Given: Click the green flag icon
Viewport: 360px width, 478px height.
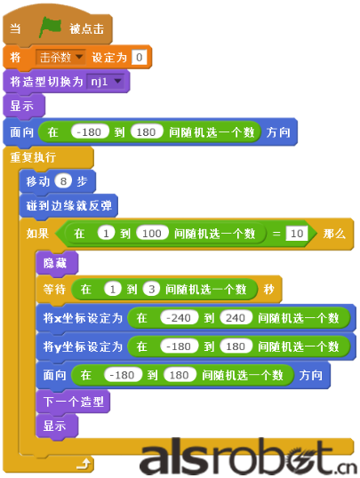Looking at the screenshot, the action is click(50, 28).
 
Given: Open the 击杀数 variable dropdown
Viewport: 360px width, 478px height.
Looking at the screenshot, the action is click(60, 57).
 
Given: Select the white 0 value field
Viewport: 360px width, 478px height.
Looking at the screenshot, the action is click(140, 57).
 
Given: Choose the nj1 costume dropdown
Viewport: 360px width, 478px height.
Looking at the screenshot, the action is click(106, 82).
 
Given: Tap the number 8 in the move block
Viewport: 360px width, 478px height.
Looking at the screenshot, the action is click(63, 181).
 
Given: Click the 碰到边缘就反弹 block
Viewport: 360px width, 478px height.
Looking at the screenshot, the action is click(69, 206).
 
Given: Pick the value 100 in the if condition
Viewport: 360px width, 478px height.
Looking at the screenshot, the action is click(152, 234).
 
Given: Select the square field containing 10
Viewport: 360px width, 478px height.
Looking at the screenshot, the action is click(297, 234).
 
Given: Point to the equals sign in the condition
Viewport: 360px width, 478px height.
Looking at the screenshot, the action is click(276, 234).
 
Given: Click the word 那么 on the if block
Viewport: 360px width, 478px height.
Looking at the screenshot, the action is click(334, 234).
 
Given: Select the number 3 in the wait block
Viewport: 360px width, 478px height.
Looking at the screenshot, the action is click(151, 289).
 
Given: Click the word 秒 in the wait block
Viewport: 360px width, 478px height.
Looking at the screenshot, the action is click(268, 289).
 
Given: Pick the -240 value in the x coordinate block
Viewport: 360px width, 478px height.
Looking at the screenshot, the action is click(179, 318).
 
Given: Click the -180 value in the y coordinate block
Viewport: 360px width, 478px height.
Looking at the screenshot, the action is click(179, 347).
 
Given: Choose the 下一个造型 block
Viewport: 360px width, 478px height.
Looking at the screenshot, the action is click(73, 402).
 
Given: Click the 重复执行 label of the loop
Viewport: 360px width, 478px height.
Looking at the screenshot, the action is click(33, 157).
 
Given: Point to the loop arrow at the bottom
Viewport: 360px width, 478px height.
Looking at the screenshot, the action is click(84, 465).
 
